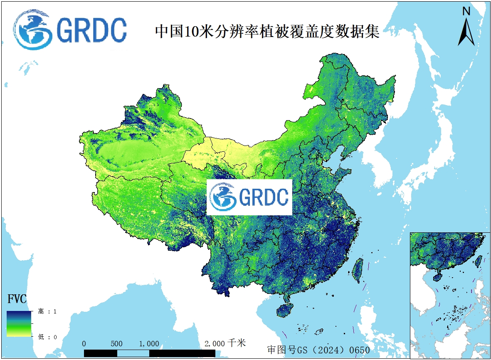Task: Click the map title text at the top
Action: [267, 32]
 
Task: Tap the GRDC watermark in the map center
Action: [249, 197]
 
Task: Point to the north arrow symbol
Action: [466, 32]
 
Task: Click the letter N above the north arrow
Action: [466, 12]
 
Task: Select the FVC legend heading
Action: [17, 299]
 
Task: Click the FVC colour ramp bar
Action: [19, 323]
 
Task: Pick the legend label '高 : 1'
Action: [47, 311]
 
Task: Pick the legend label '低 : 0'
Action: [47, 337]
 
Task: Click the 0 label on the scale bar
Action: [84, 344]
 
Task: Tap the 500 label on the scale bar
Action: [117, 344]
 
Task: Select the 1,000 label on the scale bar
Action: [149, 344]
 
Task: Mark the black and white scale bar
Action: [149, 353]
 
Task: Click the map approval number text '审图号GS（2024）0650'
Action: [318, 350]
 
